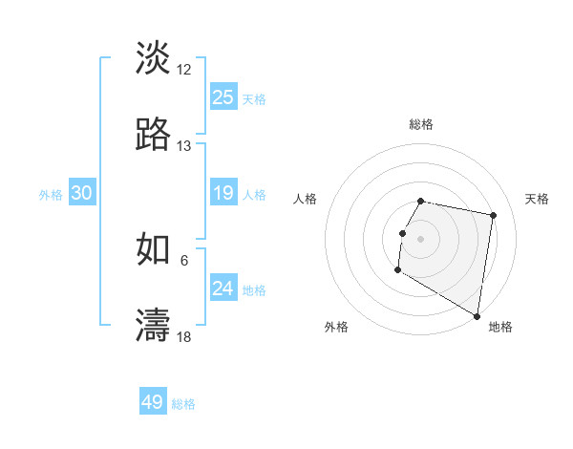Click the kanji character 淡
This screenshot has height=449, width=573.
[x=153, y=57]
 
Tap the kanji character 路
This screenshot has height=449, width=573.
[x=153, y=135]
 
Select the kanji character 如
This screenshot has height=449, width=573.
[x=153, y=248]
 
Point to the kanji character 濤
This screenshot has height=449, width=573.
[x=153, y=325]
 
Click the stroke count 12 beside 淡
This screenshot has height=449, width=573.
[x=184, y=69]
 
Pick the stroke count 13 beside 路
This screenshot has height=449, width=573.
[x=184, y=146]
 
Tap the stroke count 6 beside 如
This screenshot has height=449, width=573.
[x=184, y=259]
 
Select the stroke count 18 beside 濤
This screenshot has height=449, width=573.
[x=184, y=336]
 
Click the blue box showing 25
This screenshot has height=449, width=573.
[x=223, y=97]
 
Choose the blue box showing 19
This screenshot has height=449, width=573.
[x=223, y=194]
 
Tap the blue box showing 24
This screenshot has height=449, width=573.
[x=223, y=289]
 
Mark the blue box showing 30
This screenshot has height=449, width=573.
[x=82, y=193]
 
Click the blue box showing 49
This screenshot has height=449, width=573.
[x=153, y=402]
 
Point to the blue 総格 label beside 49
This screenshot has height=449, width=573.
[x=184, y=404]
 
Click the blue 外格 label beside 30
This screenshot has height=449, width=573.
[x=51, y=195]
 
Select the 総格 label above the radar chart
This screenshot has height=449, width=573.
[x=421, y=124]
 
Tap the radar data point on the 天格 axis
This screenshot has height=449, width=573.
[x=494, y=217]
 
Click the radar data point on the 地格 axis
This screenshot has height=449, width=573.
[x=477, y=316]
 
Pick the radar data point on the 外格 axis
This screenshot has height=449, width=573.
[x=397, y=270]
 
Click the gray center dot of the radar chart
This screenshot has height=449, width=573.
[x=421, y=238]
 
